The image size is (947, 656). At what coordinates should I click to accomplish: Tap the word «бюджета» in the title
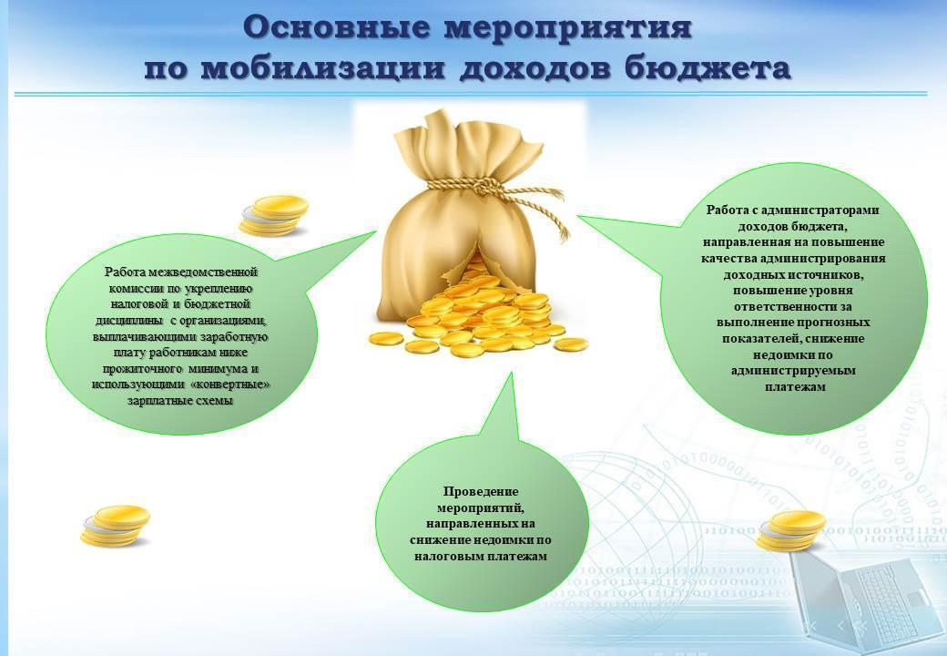(x=707, y=67)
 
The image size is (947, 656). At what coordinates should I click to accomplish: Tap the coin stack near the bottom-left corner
(x=116, y=526)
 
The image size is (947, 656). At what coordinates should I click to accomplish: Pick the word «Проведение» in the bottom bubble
(x=481, y=492)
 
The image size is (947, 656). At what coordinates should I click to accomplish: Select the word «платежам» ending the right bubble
(x=795, y=386)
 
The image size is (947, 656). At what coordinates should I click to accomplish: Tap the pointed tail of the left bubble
(x=376, y=231)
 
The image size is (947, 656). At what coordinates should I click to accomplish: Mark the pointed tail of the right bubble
(x=578, y=216)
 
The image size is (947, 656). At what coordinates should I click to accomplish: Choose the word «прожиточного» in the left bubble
(x=143, y=368)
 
